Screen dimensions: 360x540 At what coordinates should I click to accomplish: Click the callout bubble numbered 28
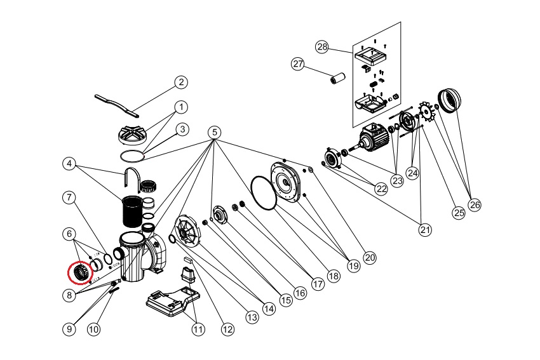(322, 47)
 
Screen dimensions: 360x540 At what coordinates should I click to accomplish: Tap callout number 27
(299, 64)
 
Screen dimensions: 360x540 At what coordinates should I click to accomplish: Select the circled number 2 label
(181, 82)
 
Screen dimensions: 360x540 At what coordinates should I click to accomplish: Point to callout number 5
(214, 132)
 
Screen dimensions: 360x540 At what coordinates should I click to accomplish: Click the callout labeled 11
(199, 329)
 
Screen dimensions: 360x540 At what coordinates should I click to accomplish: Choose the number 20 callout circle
(370, 258)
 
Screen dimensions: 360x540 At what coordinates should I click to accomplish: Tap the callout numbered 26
(475, 204)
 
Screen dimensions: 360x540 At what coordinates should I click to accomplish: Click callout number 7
(70, 197)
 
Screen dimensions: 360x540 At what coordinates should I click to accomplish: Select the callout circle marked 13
(252, 316)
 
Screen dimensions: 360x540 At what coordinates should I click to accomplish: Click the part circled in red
(81, 273)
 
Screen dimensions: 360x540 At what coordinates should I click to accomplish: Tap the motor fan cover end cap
(450, 101)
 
